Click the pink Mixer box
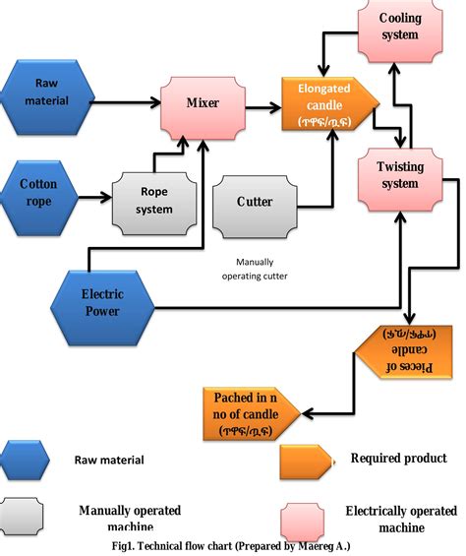(202, 103)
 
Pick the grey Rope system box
(153, 201)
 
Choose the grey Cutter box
(255, 202)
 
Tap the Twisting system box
(400, 175)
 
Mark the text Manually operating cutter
(255, 270)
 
